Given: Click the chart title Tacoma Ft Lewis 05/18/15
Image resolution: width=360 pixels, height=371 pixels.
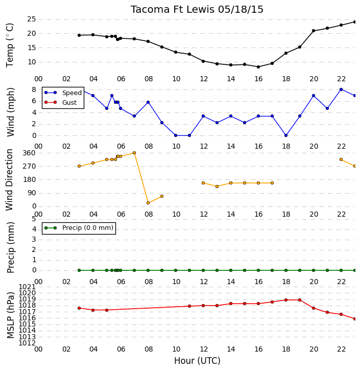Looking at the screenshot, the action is pos(197,10).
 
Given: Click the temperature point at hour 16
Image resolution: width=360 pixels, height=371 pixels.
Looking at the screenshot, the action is pos(258,67).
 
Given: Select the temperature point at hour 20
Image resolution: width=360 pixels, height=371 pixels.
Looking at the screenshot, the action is pos(314,31).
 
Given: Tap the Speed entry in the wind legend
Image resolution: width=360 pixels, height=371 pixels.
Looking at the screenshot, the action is pos(63,93).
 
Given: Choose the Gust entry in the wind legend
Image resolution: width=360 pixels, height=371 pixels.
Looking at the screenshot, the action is pos(61,102).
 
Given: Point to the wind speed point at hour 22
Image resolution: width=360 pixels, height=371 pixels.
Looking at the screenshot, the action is pos(341,89).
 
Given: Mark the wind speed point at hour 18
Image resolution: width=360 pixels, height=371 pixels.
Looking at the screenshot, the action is pos(286,135).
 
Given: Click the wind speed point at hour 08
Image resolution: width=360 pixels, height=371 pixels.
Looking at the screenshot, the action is pos(148,102).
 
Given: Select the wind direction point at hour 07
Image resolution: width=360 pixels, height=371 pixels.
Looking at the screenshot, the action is pos(134,153).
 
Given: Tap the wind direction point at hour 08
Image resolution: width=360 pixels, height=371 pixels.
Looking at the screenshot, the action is pos(148,203).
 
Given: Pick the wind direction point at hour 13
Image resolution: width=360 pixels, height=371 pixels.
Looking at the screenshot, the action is pos(217,187).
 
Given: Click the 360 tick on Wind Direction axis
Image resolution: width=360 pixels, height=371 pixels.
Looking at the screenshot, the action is pos(29,153).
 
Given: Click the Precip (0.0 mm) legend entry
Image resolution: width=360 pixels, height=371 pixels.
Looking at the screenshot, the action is pos(79,228).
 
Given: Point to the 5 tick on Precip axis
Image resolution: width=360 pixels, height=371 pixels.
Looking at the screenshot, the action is pos(34,219).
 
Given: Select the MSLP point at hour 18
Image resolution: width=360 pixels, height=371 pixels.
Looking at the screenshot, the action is pos(286,300).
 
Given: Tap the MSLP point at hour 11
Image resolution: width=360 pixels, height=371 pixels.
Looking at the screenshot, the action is pos(189,306).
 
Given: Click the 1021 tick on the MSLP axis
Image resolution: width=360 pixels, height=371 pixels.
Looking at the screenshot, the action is pos(27,287).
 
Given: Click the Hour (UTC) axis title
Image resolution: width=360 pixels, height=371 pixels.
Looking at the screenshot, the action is pos(197,361).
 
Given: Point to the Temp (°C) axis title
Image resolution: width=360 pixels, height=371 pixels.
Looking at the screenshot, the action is pos(10,45).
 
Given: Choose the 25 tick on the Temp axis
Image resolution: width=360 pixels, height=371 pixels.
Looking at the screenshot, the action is pos(32,19).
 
